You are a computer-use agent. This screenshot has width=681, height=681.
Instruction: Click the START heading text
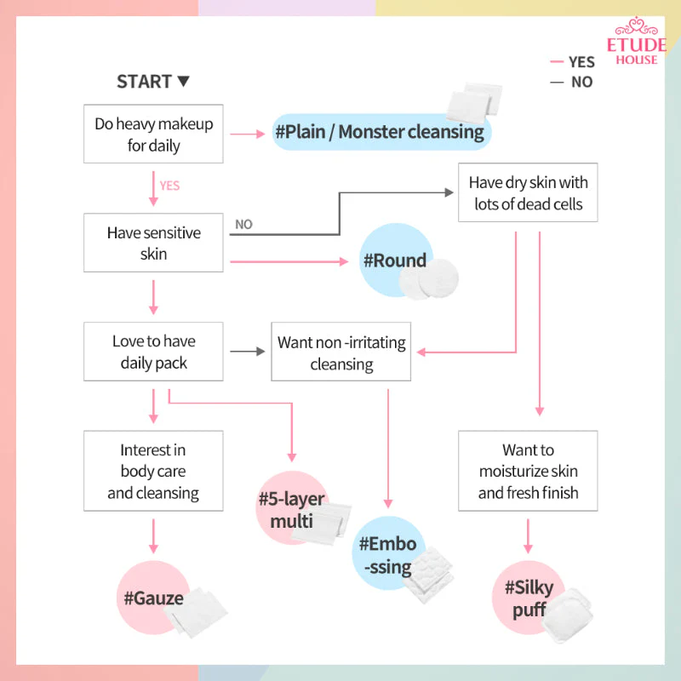pyautogui.click(x=145, y=82)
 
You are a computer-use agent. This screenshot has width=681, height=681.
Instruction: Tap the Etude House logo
pyautogui.click(x=636, y=41)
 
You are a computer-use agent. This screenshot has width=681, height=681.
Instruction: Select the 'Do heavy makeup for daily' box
pyautogui.click(x=153, y=134)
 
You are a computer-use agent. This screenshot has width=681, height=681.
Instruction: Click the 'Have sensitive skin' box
pyautogui.click(x=153, y=243)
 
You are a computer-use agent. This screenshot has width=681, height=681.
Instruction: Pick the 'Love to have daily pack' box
pyautogui.click(x=153, y=352)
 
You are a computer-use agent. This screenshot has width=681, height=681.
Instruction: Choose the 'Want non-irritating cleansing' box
pyautogui.click(x=341, y=352)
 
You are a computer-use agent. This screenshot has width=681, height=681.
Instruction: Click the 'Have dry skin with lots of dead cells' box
pyautogui.click(x=528, y=192)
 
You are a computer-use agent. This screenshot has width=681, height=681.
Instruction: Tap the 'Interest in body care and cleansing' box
pyautogui.click(x=153, y=471)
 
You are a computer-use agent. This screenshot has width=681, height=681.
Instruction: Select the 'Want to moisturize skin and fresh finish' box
pyautogui.click(x=528, y=471)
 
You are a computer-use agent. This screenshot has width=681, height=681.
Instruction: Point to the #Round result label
pyautogui.click(x=395, y=260)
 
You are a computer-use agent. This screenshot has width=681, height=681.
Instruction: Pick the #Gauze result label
pyautogui.click(x=154, y=598)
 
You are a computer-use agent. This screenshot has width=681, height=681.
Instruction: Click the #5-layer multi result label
pyautogui.click(x=291, y=510)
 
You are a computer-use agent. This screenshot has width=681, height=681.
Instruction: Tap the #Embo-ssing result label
pyautogui.click(x=388, y=556)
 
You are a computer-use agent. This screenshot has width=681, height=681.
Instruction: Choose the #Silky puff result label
pyautogui.click(x=529, y=598)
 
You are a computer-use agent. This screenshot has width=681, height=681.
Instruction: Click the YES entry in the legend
pyautogui.click(x=572, y=62)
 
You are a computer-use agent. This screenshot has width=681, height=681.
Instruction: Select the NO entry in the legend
pyautogui.click(x=571, y=82)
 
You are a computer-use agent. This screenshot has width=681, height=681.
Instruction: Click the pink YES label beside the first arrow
pyautogui.click(x=169, y=186)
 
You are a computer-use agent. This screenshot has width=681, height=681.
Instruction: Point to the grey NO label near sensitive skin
pyautogui.click(x=243, y=225)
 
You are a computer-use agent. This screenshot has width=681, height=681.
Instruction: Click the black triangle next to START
pyautogui.click(x=184, y=81)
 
